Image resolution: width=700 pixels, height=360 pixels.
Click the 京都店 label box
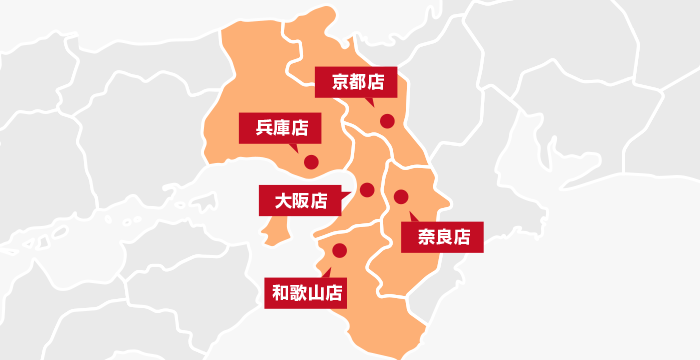click(x=357, y=81)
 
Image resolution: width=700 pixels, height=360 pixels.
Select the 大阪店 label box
click(x=301, y=200)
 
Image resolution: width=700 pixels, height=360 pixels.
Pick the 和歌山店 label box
click(x=307, y=293)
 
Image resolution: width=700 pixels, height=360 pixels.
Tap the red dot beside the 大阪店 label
click(x=367, y=190)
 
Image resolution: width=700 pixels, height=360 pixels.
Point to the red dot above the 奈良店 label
click(x=401, y=196)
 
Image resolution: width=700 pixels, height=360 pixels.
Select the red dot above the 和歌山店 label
click(x=339, y=250)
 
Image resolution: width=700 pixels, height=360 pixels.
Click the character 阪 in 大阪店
click(x=301, y=200)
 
